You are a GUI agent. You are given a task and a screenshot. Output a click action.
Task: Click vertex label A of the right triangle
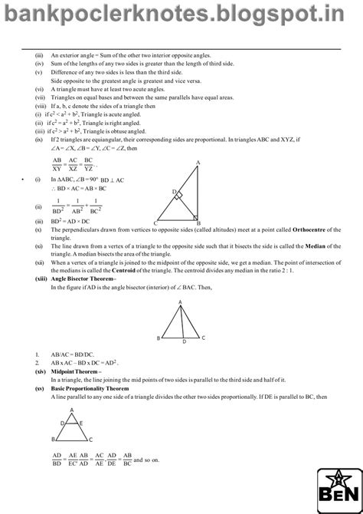[x=199, y=163]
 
